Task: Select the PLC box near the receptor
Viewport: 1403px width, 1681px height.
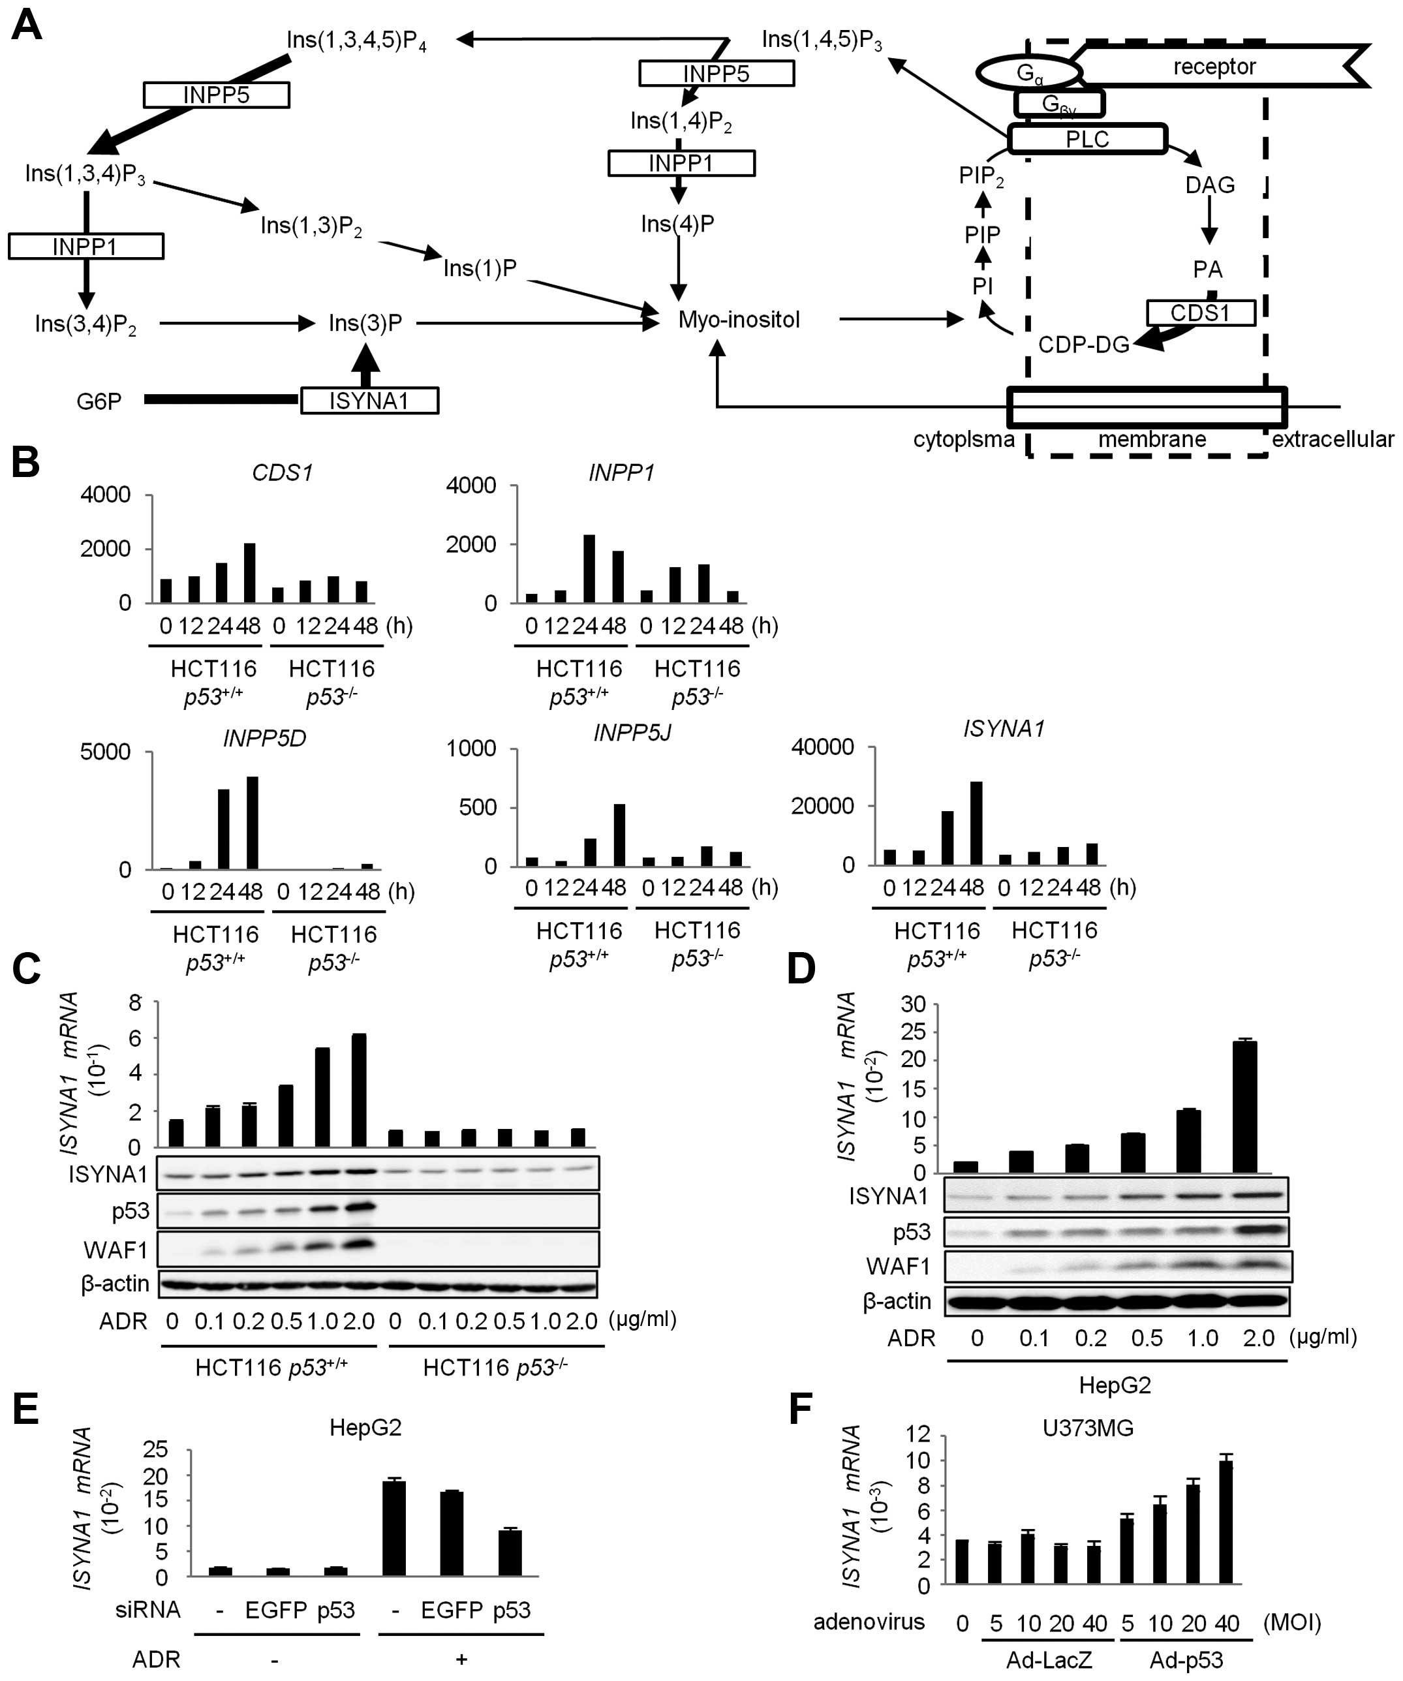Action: (x=1087, y=139)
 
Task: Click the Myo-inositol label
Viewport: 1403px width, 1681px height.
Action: (x=739, y=320)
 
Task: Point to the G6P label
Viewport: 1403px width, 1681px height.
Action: (x=99, y=401)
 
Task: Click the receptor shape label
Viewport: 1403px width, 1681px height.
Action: (x=1214, y=67)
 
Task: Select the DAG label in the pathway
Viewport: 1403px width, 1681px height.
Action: (x=1209, y=185)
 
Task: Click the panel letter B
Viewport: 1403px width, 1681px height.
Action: (x=25, y=463)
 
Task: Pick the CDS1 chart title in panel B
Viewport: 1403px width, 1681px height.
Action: (x=282, y=473)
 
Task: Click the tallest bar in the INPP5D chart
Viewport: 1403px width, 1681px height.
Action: (x=252, y=822)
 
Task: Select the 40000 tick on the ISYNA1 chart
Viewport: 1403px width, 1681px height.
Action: (x=822, y=747)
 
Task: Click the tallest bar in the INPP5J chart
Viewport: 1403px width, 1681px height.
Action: (x=619, y=834)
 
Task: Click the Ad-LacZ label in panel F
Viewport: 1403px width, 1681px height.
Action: (x=1049, y=1660)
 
